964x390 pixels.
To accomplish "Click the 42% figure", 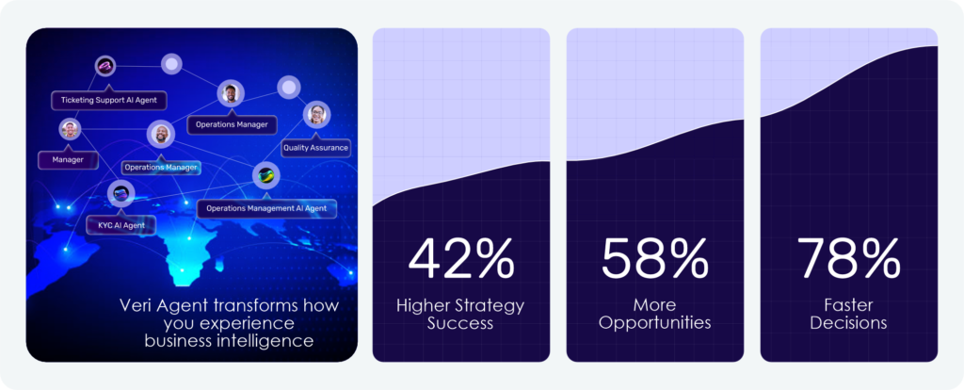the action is (461, 258).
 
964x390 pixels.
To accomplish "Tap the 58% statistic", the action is (655, 258).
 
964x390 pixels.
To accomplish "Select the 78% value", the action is (849, 258).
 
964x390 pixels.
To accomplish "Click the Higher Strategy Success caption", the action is (460, 314).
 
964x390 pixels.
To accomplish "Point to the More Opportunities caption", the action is (655, 314).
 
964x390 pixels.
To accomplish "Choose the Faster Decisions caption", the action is (848, 314).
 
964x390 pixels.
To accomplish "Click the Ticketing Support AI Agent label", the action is (109, 100).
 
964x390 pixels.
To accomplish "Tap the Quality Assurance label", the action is (316, 148).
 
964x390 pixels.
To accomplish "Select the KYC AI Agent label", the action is (120, 225).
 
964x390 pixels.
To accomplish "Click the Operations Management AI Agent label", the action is (266, 208).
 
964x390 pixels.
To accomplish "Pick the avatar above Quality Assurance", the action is (316, 114).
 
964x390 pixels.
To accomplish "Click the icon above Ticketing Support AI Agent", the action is (105, 66).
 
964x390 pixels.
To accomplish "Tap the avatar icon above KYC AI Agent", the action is (120, 194).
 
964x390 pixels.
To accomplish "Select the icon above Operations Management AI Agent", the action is (266, 176).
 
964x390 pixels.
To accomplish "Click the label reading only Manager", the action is (68, 160).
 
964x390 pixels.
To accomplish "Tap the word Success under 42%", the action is (460, 323).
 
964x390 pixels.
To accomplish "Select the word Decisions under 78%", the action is (848, 323).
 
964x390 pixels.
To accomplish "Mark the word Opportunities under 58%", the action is (655, 323).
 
